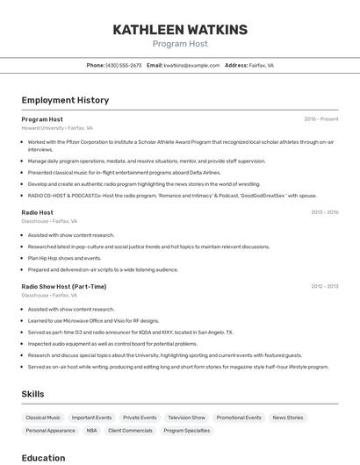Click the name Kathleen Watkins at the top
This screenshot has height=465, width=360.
pos(180,30)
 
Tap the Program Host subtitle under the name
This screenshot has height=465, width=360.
pos(180,44)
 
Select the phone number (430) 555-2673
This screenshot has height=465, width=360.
pos(123,65)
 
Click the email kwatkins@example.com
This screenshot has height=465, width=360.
pos(191,65)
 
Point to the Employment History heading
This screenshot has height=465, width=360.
pos(65,100)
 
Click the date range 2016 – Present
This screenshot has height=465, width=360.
pos(320,119)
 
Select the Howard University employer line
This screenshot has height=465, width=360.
pos(57,128)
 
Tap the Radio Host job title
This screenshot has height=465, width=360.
pos(37,212)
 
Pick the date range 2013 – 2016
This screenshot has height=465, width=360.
pos(324,212)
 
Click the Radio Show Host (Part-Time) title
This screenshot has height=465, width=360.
pos(64,286)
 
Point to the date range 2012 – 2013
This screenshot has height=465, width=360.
pos(324,286)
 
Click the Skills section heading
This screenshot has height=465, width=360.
pos(32,394)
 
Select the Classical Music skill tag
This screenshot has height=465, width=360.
pos(43,418)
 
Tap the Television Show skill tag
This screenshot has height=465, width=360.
pos(186,418)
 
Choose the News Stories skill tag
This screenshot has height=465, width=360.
pos(288,418)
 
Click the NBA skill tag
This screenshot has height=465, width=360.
pos(92,431)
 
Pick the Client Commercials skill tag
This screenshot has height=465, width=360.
pos(130,431)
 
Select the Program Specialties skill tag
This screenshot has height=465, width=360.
pos(187,431)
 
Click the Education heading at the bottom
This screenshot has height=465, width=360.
pos(43,457)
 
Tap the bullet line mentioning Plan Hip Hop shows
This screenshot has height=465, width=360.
pos(64,258)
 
